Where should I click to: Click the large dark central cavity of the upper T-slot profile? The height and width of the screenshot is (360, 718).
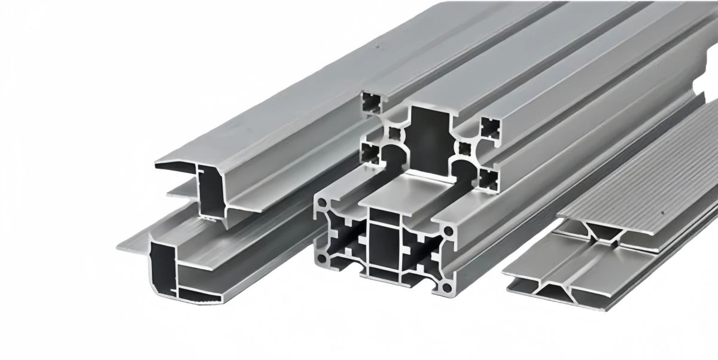point(429,141)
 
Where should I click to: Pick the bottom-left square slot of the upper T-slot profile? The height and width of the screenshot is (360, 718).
point(372,154)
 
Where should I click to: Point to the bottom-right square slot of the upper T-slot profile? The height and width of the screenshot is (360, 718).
point(489,178)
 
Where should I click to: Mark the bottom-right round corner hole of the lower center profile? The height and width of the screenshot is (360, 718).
point(446,288)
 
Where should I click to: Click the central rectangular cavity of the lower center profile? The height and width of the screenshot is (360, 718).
point(384,246)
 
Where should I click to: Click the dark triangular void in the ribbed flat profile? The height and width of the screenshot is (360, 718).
point(604,231)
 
